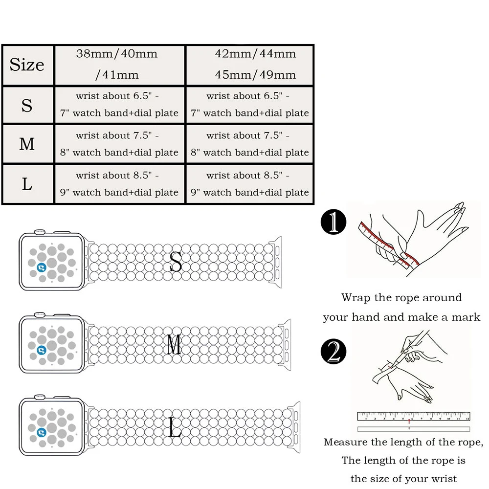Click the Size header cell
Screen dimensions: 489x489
27,65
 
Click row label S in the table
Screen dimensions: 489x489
27,105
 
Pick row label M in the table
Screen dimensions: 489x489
27,144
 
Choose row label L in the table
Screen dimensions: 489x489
27,184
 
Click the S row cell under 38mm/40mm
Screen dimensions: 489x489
119,105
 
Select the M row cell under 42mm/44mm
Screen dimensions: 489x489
249,144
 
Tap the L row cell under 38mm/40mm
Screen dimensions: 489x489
119,184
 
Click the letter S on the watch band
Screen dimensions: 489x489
175,263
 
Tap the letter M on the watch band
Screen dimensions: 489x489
174,346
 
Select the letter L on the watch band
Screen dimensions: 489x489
175,427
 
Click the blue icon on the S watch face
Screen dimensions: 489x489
42,267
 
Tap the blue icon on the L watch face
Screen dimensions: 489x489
42,432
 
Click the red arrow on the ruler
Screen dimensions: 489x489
409,421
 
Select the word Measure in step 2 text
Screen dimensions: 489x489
345,443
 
